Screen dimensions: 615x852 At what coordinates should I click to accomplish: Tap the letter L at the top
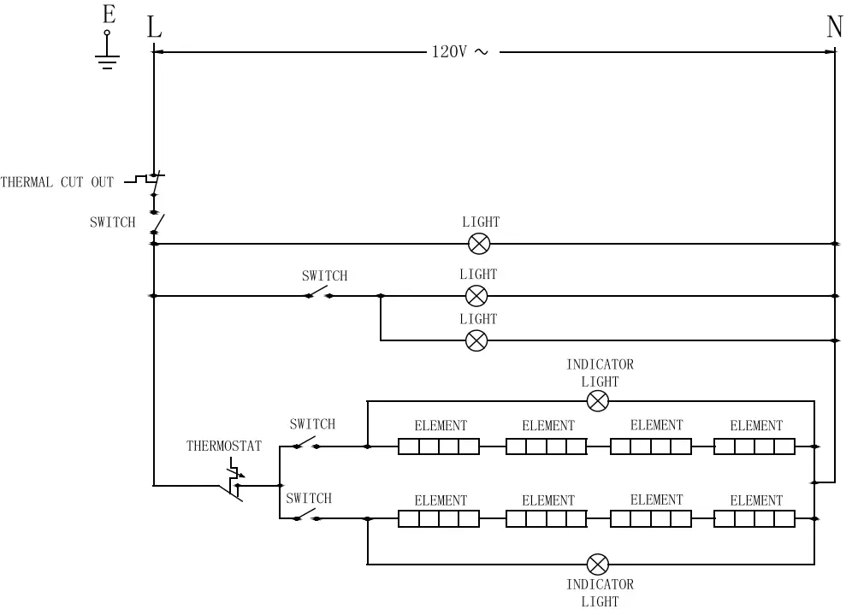(x=154, y=27)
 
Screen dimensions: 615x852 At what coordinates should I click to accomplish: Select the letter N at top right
(x=834, y=27)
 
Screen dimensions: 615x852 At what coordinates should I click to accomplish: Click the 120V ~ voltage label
(x=459, y=52)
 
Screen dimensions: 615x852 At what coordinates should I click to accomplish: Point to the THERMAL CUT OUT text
(x=57, y=182)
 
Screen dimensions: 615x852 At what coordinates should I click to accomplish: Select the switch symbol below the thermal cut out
(x=156, y=224)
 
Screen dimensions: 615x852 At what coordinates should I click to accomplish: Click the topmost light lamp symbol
(x=479, y=244)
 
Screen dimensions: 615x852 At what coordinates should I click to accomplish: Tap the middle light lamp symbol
(x=476, y=296)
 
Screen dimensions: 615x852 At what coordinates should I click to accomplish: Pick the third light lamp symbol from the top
(x=476, y=340)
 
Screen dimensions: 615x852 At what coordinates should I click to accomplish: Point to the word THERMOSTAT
(x=224, y=446)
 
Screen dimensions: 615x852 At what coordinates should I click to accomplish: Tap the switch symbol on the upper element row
(x=305, y=444)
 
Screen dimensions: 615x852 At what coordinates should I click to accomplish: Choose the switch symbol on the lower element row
(x=305, y=517)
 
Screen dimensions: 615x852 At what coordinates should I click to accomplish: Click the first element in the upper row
(x=439, y=446)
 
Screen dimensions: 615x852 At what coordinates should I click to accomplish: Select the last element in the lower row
(x=754, y=518)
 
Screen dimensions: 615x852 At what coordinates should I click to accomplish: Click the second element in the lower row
(x=547, y=518)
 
